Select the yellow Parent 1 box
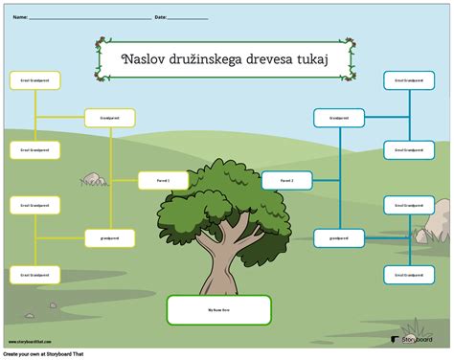[163, 180]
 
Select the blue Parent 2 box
[287, 180]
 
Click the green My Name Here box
[218, 309]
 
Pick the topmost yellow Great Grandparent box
[34, 81]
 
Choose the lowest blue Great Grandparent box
[410, 274]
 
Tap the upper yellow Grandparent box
[110, 118]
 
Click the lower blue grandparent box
[339, 236]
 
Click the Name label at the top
[19, 17]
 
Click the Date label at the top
[160, 17]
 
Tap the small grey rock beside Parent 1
[94, 178]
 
